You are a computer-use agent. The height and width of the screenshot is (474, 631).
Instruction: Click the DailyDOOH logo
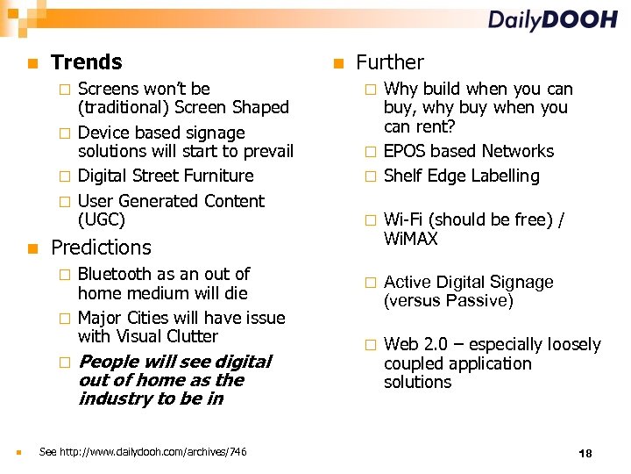click(x=552, y=20)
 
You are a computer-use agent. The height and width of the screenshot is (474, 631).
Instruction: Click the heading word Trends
click(x=87, y=62)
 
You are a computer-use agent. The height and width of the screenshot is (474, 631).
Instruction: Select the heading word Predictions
click(x=101, y=248)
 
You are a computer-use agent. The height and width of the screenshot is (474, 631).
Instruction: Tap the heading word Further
click(x=389, y=62)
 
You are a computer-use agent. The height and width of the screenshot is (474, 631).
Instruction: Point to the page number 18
click(x=585, y=453)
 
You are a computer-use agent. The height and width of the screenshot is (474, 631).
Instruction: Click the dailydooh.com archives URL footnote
click(x=143, y=452)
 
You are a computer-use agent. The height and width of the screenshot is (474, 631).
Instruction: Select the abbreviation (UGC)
click(x=102, y=219)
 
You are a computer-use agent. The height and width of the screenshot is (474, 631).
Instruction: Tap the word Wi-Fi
click(x=403, y=220)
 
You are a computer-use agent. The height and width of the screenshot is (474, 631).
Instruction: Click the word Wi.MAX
click(x=410, y=239)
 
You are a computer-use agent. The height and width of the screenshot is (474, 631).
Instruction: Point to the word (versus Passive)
click(x=449, y=301)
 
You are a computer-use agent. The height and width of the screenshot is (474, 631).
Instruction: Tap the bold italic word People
click(x=109, y=362)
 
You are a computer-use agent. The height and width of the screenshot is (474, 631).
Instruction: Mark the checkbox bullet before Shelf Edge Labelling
click(x=370, y=176)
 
